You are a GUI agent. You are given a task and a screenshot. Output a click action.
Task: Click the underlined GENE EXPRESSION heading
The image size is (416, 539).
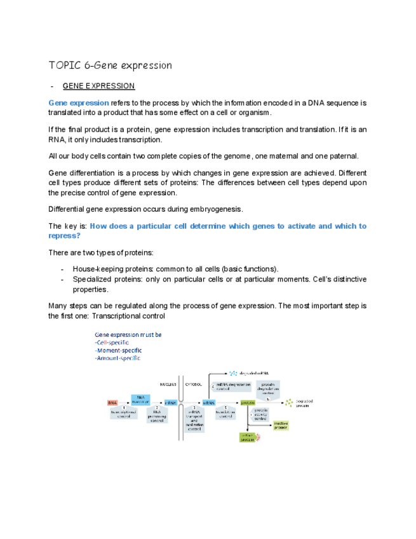[x=98, y=86]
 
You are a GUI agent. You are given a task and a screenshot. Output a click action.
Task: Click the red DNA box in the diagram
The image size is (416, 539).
[x=112, y=402]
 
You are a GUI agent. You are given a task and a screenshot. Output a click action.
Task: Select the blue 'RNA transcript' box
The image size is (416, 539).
[x=140, y=399]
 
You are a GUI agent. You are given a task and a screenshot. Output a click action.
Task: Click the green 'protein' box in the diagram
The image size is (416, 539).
[x=247, y=402]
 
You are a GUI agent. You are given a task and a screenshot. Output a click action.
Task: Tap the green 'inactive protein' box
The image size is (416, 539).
[x=281, y=425]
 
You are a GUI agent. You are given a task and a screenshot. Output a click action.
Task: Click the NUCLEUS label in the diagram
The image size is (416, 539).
[x=168, y=384]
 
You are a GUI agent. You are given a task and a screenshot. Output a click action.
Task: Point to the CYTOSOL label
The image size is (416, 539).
[x=194, y=384]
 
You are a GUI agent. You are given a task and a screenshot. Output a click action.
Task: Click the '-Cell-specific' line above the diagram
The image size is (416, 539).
[x=112, y=343]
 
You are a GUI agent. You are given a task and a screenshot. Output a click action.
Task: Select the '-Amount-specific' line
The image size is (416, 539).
[x=118, y=358]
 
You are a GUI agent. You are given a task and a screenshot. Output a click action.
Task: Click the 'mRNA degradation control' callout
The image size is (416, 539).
[x=232, y=386]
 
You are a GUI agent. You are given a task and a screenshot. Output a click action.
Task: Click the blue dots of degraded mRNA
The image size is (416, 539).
[x=233, y=373]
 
